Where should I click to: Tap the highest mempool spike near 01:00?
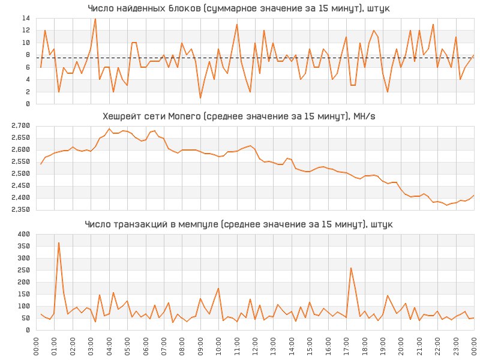(x=59, y=243)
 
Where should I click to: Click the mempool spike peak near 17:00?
(x=350, y=268)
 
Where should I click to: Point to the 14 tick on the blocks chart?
(x=26, y=19)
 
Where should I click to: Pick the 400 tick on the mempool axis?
(x=24, y=235)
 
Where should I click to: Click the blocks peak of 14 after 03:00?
(x=95, y=19)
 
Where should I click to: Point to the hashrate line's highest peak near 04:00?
(x=109, y=129)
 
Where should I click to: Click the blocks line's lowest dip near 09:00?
(x=200, y=98)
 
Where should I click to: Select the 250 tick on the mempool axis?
(x=24, y=271)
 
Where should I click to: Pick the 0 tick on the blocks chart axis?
(x=28, y=104)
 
